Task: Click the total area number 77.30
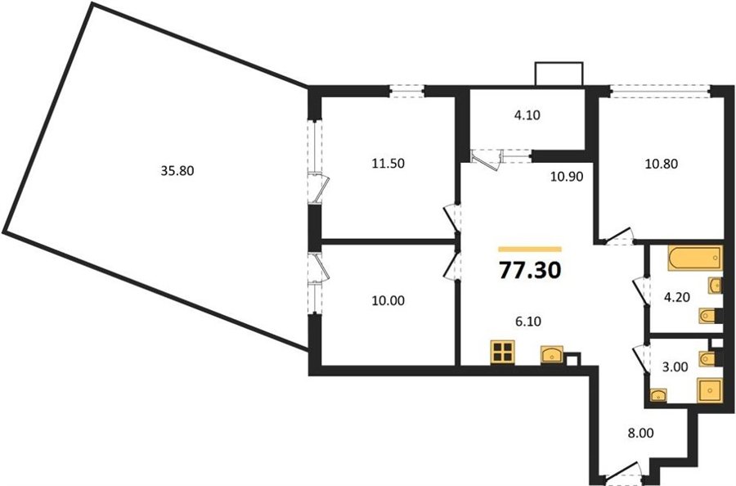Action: (530, 271)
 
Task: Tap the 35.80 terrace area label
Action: (177, 171)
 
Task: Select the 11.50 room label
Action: (388, 164)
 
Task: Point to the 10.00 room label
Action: (388, 300)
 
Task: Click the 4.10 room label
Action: (527, 115)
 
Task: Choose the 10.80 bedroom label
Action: (662, 164)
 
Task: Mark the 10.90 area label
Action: (567, 177)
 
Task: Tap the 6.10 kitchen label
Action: (527, 322)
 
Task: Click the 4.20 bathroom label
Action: (676, 297)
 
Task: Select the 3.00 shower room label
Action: (675, 367)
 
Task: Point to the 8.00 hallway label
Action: (640, 433)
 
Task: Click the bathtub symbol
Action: (695, 258)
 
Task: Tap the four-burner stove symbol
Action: (503, 352)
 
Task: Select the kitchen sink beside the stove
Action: (553, 355)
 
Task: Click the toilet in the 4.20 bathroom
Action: (708, 316)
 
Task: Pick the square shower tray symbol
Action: (710, 390)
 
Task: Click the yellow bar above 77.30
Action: (530, 250)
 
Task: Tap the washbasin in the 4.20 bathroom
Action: (716, 285)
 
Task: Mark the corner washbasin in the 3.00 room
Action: (658, 395)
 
